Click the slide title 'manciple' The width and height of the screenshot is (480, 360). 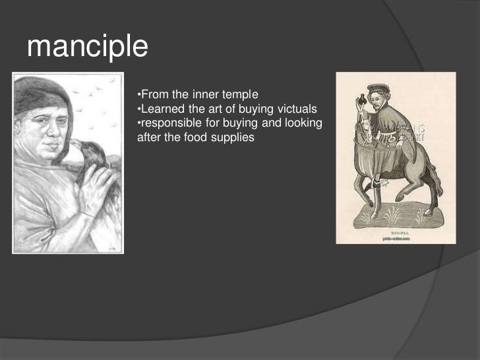tap(88, 47)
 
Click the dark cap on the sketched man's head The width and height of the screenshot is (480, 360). tap(40, 96)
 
